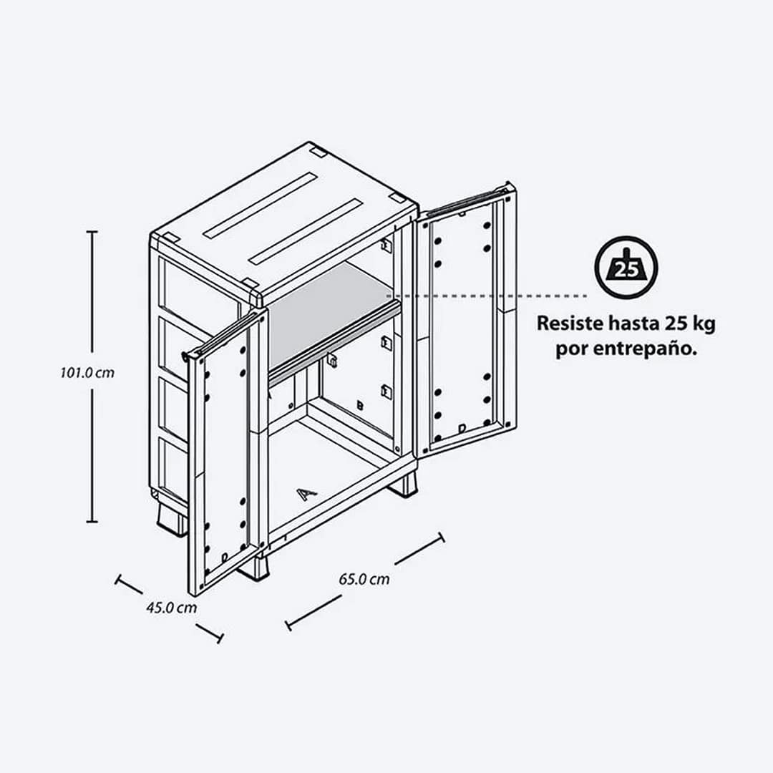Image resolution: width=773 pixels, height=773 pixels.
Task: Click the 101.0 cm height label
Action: coord(87,373)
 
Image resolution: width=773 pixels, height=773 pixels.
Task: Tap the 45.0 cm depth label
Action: coord(171,608)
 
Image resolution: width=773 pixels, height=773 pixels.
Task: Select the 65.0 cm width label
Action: coord(364,579)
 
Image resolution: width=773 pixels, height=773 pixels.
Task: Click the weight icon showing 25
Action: coord(626,268)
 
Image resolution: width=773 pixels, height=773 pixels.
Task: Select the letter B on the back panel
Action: coord(360,406)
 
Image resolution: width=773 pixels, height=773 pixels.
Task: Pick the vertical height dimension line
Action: coord(92,376)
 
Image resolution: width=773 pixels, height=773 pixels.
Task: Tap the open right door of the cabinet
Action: coord(466,322)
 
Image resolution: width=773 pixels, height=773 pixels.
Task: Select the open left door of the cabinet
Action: coord(225,451)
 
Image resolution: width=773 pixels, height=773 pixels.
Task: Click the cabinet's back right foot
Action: coord(404,485)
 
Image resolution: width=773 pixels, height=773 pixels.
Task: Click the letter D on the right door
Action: coord(462,428)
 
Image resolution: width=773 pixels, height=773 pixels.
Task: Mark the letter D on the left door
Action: coord(225,556)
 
